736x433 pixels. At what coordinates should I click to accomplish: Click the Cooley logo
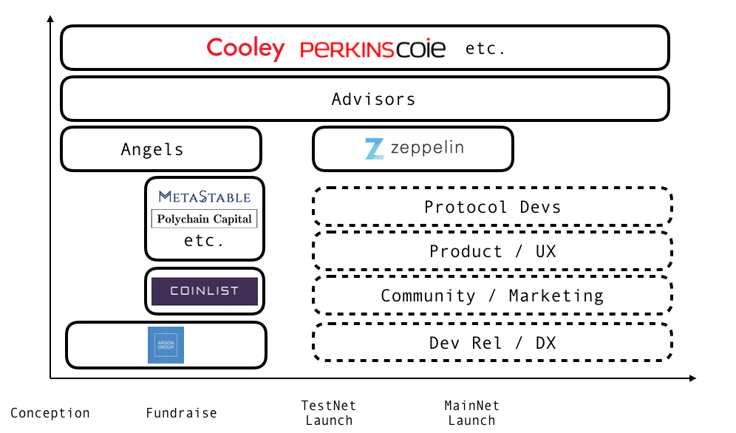(x=245, y=49)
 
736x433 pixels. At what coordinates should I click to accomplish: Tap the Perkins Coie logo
(x=372, y=50)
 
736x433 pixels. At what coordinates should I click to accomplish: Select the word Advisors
(x=373, y=99)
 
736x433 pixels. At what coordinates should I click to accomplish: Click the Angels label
(x=152, y=149)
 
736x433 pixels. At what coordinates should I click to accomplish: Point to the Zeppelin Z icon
(x=375, y=149)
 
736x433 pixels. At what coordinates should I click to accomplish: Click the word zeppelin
(x=428, y=148)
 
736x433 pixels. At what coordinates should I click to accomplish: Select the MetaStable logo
(x=205, y=197)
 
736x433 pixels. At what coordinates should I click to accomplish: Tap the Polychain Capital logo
(x=205, y=219)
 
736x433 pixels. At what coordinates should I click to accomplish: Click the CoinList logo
(x=205, y=291)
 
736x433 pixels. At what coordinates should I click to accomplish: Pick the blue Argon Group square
(x=166, y=345)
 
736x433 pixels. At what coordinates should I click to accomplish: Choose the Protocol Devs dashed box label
(x=492, y=207)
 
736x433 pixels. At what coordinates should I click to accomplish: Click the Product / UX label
(x=492, y=251)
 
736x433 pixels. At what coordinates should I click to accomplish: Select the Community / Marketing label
(x=492, y=296)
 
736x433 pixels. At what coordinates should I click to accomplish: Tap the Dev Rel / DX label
(x=492, y=343)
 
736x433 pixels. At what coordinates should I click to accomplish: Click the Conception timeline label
(x=50, y=413)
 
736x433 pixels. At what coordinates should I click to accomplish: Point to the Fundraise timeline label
(x=181, y=413)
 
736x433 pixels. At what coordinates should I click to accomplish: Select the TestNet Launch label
(x=329, y=413)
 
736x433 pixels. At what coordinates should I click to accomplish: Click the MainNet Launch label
(x=471, y=413)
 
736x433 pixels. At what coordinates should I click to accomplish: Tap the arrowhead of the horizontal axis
(x=692, y=378)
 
